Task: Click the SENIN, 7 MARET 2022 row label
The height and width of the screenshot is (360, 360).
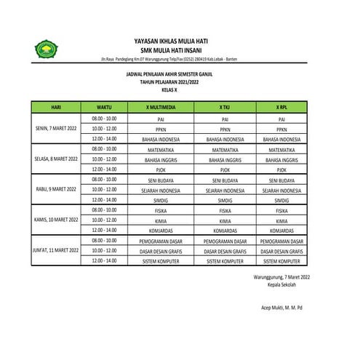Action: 56,127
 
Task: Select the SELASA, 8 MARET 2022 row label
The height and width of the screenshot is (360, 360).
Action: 56,158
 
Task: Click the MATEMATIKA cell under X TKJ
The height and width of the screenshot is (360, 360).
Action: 225,148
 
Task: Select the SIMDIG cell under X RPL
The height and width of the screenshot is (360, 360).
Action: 281,199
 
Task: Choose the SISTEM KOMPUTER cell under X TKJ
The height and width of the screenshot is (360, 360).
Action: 225,260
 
